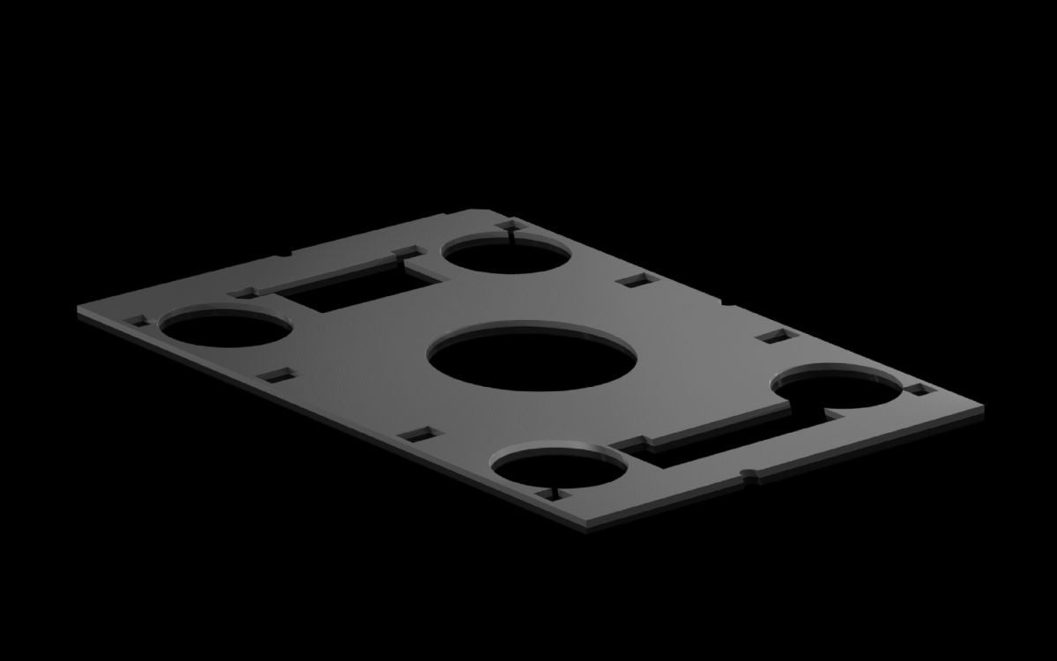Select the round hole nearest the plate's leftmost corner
pyautogui.click(x=227, y=327)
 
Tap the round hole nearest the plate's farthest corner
pyautogui.click(x=506, y=254)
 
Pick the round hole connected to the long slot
pyautogui.click(x=837, y=390)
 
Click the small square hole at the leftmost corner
pyautogui.click(x=137, y=322)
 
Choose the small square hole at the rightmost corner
pyautogui.click(x=918, y=389)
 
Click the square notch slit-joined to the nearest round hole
pyautogui.click(x=555, y=494)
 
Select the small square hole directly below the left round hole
pyautogui.click(x=277, y=376)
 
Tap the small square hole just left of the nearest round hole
pyautogui.click(x=420, y=434)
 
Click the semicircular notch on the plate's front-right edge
pyautogui.click(x=749, y=478)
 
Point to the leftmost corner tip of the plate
pyautogui.click(x=79, y=309)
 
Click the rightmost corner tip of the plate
pyautogui.click(x=982, y=407)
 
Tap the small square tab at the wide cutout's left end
pyautogui.click(x=242, y=292)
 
